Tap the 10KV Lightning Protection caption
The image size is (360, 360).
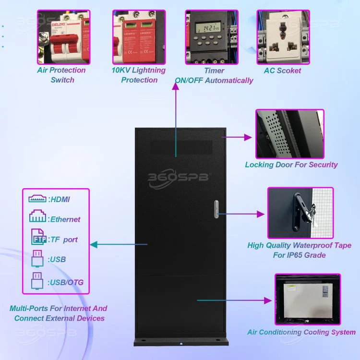[139, 75]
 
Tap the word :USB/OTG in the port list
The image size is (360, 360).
[66, 282]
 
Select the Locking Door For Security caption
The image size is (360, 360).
[291, 165]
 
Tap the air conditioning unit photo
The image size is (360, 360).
[307, 299]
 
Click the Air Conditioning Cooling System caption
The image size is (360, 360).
[301, 332]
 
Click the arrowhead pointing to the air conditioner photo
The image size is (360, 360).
[267, 300]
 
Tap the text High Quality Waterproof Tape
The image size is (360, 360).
[300, 245]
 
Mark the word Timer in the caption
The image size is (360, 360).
[214, 71]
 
